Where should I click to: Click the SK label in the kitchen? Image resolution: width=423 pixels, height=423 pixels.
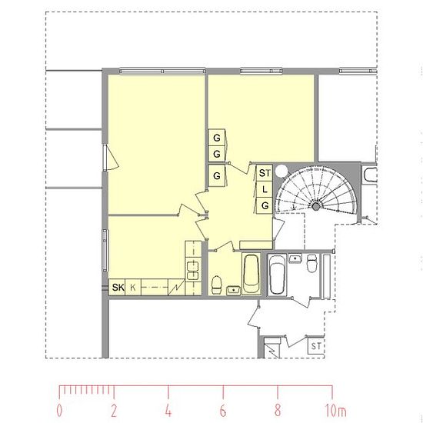coord(118,288)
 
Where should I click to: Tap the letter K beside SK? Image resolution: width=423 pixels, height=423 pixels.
coord(133,288)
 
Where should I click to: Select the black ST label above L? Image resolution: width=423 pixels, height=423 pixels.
coord(265,173)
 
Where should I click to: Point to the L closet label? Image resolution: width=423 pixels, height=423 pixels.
coord(265,189)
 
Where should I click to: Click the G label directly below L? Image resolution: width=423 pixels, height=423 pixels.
coord(265,206)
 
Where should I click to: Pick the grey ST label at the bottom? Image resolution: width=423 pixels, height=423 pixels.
coord(316,346)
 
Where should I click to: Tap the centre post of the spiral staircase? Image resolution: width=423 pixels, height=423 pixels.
coord(316,207)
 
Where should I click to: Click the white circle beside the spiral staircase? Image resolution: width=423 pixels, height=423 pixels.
coord(282,171)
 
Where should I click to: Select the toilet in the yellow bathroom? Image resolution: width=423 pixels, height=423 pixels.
coord(216,285)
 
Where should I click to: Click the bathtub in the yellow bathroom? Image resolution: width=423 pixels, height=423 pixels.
coord(251,274)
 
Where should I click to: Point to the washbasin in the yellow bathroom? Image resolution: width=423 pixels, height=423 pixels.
coord(233,290)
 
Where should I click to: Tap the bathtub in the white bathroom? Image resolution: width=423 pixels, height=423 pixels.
coord(277,275)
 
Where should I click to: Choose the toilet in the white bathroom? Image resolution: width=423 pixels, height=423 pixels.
coord(311,263)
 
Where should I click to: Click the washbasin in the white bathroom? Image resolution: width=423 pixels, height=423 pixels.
coord(295,258)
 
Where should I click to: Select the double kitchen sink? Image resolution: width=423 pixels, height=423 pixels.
coord(193,271)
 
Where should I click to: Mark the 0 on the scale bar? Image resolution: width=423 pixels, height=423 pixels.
coord(60,411)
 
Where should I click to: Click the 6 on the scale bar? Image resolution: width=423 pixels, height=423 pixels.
coord(223,411)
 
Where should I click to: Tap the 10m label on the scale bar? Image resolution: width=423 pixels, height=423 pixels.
coord(335,411)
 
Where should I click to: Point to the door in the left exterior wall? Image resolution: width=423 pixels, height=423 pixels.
coord(110,158)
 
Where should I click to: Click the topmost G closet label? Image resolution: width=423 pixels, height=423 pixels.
coord(217,138)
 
